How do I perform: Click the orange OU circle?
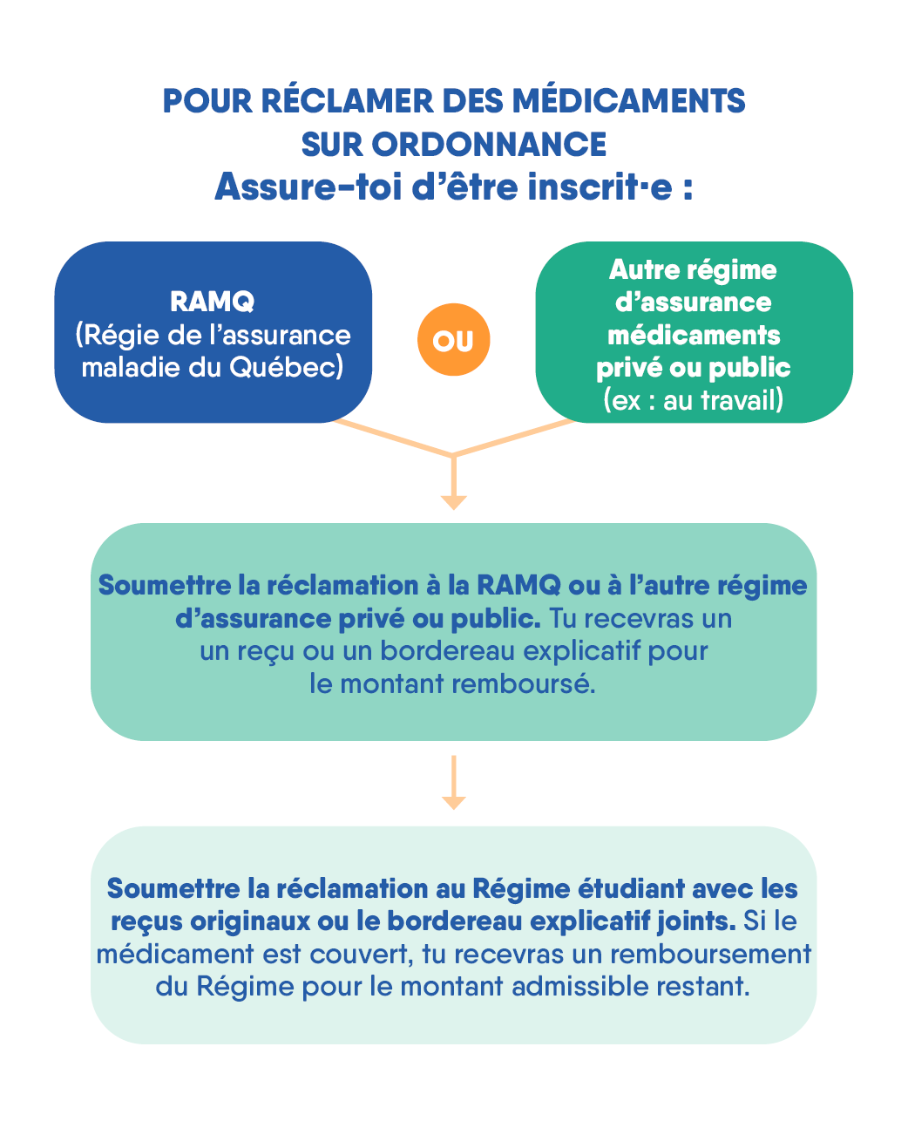453,340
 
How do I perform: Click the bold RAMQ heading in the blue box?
213,302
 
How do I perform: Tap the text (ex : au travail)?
694,400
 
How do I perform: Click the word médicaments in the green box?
694,335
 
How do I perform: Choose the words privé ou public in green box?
694,367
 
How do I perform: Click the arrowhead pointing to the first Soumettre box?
453,501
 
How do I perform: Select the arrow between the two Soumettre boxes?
453,783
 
